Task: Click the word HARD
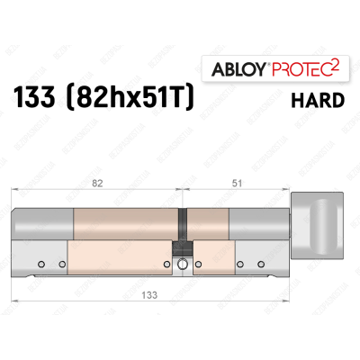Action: click(x=318, y=100)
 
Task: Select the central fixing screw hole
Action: click(x=184, y=264)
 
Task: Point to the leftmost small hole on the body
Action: click(x=40, y=264)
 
